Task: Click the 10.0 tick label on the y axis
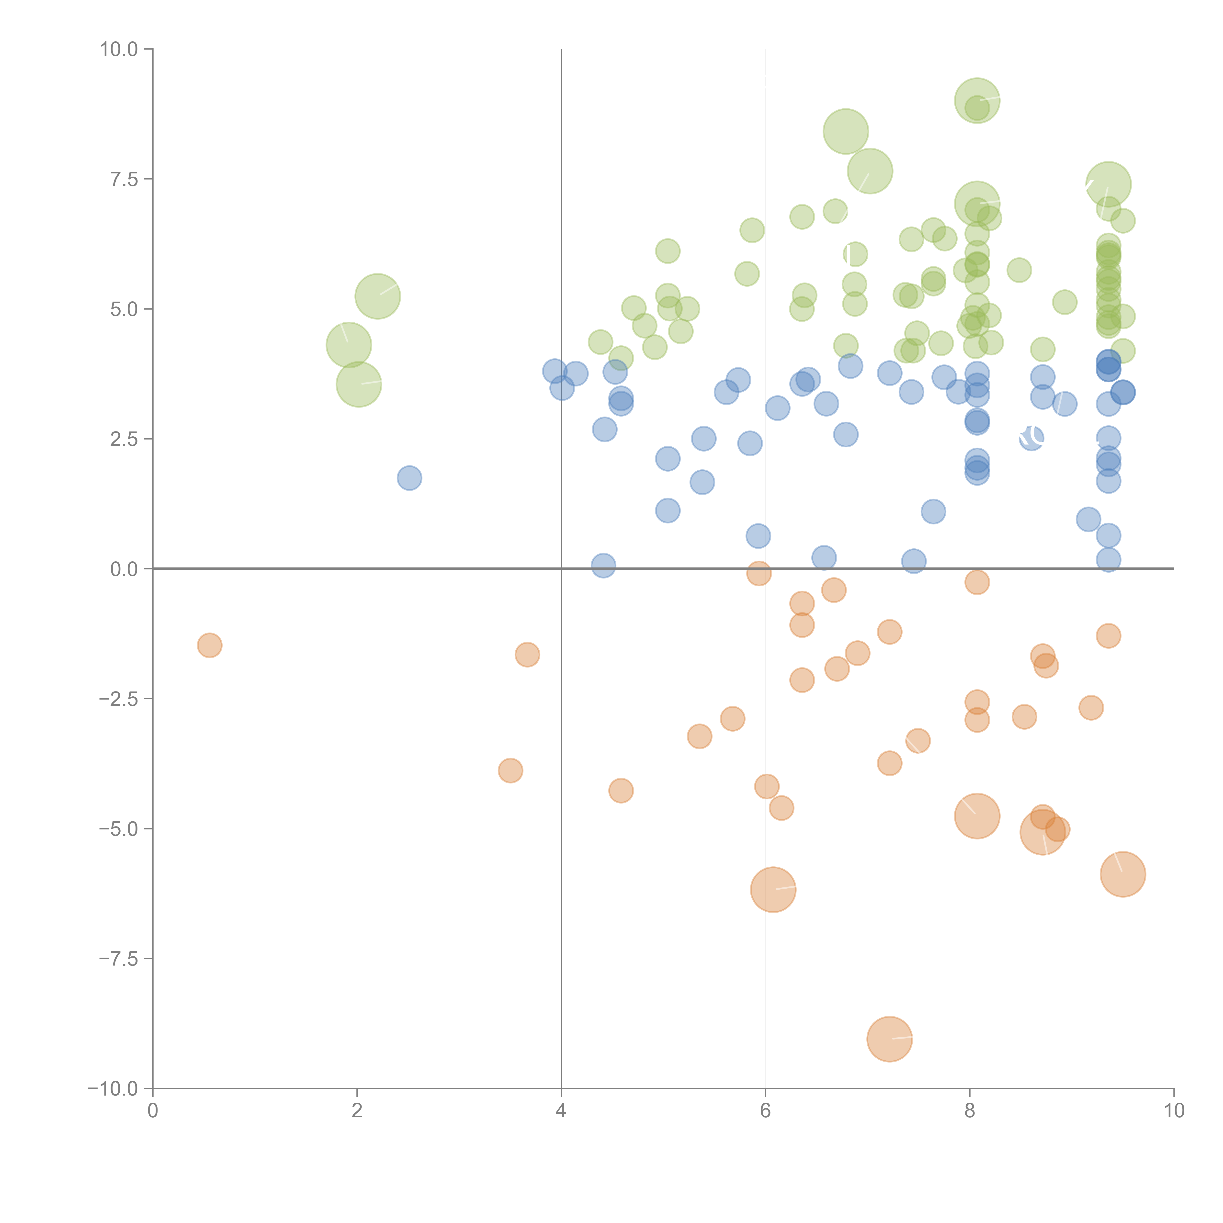pos(119,49)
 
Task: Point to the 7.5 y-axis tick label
pos(124,179)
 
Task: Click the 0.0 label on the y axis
pos(124,569)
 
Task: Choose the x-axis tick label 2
pos(357,1111)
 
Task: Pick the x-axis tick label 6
pos(765,1111)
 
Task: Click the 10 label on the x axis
pos(1174,1111)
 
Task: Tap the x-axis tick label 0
pos(153,1111)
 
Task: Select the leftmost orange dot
pos(210,645)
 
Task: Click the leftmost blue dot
pos(409,478)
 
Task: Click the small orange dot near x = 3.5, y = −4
pos(510,770)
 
